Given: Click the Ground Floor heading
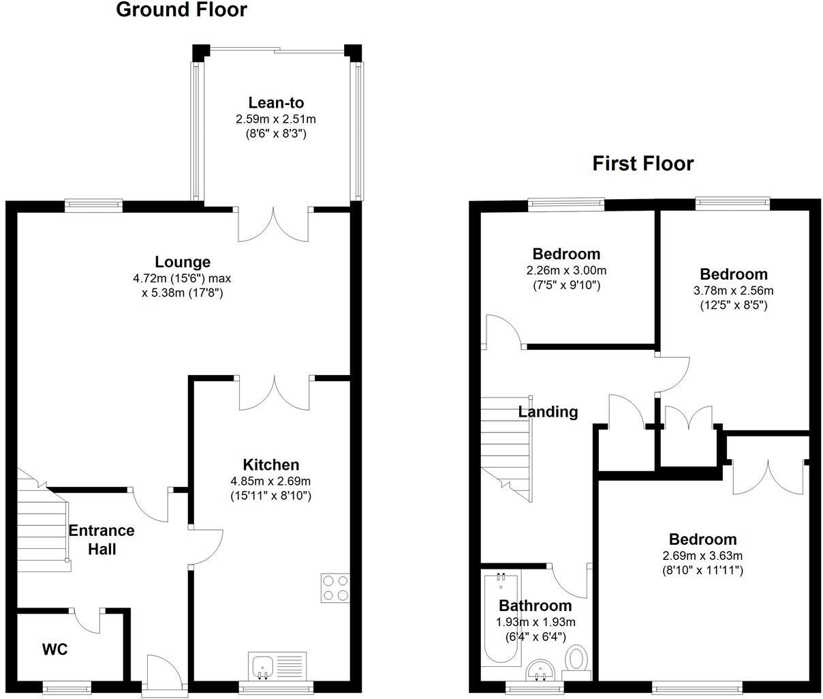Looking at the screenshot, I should [x=181, y=10].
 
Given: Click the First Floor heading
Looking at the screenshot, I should [x=642, y=164].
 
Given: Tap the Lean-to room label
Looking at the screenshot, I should [x=276, y=103].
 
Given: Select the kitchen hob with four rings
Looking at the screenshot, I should [x=335, y=588].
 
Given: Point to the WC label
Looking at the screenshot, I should [x=55, y=649].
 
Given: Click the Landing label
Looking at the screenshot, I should [x=548, y=412].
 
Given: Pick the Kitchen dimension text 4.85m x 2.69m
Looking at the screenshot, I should [x=271, y=481].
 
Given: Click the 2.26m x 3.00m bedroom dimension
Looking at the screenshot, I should [x=566, y=270].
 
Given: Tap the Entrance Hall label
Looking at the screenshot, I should [x=102, y=539].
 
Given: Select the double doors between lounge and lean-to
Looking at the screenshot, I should [x=274, y=224].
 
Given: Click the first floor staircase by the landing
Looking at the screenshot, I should [x=506, y=447].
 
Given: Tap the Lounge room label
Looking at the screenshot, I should [x=183, y=262].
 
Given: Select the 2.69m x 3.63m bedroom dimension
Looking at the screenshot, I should [x=702, y=555].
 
